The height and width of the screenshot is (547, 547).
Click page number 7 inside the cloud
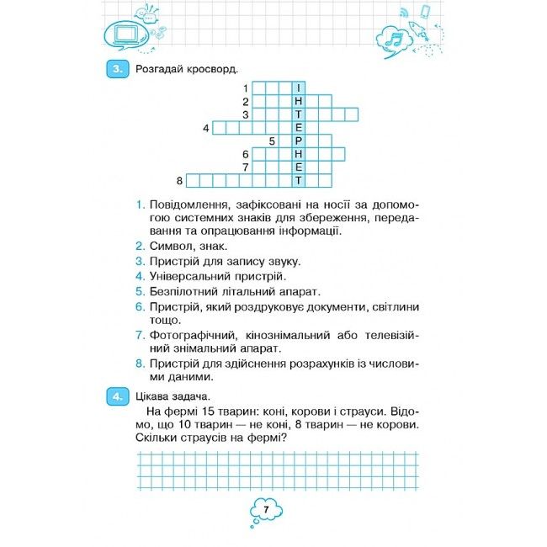[x=264, y=510]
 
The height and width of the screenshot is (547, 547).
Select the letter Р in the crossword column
[x=299, y=141]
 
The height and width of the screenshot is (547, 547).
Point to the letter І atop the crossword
[x=299, y=88]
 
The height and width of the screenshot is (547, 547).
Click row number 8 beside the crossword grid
[x=180, y=180]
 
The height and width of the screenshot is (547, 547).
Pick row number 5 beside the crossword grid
[x=273, y=141]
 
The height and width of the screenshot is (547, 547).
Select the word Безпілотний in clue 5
[x=183, y=290]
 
